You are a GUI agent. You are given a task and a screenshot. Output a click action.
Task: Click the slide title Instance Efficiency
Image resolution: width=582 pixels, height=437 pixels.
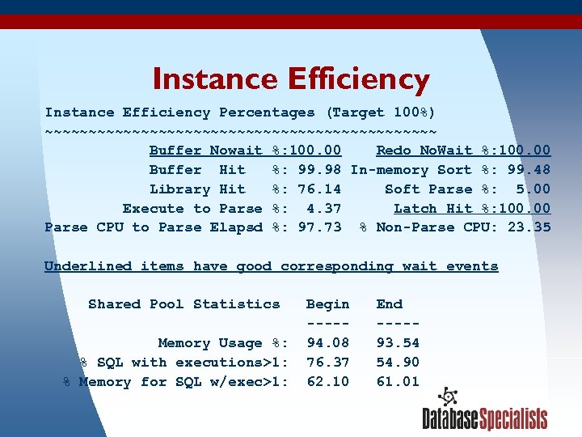point(290,79)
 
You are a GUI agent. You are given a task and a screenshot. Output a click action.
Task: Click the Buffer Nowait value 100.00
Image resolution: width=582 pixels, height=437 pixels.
point(311,151)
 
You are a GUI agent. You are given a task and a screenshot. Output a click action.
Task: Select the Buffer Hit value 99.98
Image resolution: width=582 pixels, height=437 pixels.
point(319,170)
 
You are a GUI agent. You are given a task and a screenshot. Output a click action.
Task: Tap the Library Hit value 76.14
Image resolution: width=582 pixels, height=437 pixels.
point(319,189)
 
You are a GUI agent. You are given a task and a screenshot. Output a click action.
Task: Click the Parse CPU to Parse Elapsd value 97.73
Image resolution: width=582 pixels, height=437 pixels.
point(319,228)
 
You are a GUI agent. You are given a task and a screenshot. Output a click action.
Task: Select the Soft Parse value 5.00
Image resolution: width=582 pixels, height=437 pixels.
point(533,189)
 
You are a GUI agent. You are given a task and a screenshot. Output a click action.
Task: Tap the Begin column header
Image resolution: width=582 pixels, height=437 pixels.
point(327,304)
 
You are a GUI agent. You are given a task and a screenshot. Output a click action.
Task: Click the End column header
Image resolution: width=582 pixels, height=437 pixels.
point(389,304)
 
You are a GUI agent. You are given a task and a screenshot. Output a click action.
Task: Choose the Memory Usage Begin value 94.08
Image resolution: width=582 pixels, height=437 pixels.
point(327,343)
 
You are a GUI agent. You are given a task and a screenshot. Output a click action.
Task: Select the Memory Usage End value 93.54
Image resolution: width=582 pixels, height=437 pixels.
point(398,343)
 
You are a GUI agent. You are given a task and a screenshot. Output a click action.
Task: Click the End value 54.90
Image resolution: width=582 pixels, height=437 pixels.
point(398,363)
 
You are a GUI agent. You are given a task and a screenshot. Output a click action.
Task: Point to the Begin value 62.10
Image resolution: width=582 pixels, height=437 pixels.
point(327,382)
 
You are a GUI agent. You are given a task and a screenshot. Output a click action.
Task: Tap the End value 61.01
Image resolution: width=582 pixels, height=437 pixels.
point(398,382)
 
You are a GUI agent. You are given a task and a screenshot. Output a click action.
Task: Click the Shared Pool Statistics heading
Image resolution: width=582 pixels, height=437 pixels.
point(183,304)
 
